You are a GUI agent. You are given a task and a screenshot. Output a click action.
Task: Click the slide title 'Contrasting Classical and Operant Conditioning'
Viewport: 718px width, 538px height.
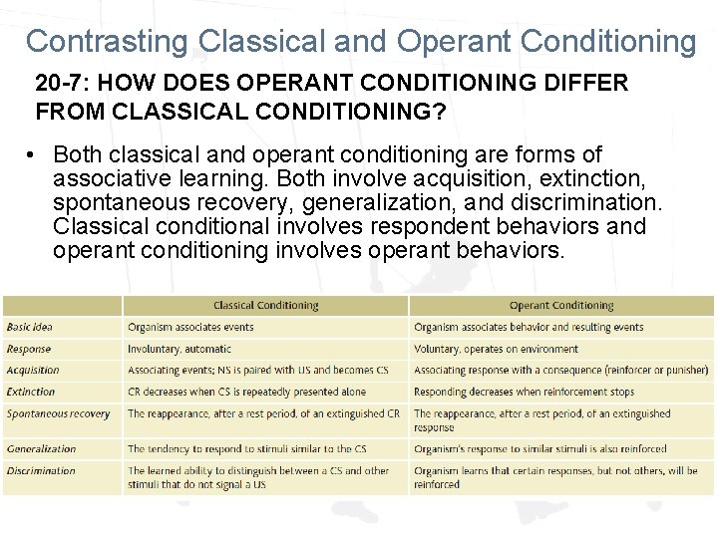point(360,41)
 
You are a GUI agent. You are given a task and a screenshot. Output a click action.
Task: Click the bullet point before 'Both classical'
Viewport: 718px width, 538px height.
point(33,155)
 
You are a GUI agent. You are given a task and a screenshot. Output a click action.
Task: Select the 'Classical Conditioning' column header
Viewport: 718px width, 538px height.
point(266,306)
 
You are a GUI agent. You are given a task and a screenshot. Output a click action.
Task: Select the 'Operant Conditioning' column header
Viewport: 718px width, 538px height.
point(561,306)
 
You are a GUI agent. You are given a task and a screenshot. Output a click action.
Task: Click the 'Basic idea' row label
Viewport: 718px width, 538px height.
point(30,327)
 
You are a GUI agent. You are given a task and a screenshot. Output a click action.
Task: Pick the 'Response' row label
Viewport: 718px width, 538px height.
point(29,349)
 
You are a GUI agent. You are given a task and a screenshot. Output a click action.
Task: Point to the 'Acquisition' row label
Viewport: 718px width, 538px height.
point(33,370)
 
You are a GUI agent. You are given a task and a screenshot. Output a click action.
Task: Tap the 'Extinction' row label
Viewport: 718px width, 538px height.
point(31,392)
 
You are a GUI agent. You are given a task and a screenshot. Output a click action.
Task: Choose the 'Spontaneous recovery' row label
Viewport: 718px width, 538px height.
point(58,413)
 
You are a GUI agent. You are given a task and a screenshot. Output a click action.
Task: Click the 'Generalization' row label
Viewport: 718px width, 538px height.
point(41,449)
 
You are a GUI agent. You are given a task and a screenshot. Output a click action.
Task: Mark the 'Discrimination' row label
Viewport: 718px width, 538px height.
point(41,470)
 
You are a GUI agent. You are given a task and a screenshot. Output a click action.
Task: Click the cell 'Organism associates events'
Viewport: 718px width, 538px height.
point(190,327)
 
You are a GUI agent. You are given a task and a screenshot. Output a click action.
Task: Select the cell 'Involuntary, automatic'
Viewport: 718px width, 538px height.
point(179,349)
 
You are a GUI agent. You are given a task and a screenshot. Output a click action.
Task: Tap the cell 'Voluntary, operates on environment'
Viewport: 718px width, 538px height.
point(496,349)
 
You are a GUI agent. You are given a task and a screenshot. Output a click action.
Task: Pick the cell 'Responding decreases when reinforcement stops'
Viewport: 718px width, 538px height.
point(525,392)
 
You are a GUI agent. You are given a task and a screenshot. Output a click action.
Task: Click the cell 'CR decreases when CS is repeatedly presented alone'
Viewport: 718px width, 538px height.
point(246,392)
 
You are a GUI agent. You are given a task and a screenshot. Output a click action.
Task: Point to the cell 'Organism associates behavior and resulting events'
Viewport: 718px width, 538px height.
point(529,327)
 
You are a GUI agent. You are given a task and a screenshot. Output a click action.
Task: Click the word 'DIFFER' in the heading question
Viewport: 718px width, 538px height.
point(585,83)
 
